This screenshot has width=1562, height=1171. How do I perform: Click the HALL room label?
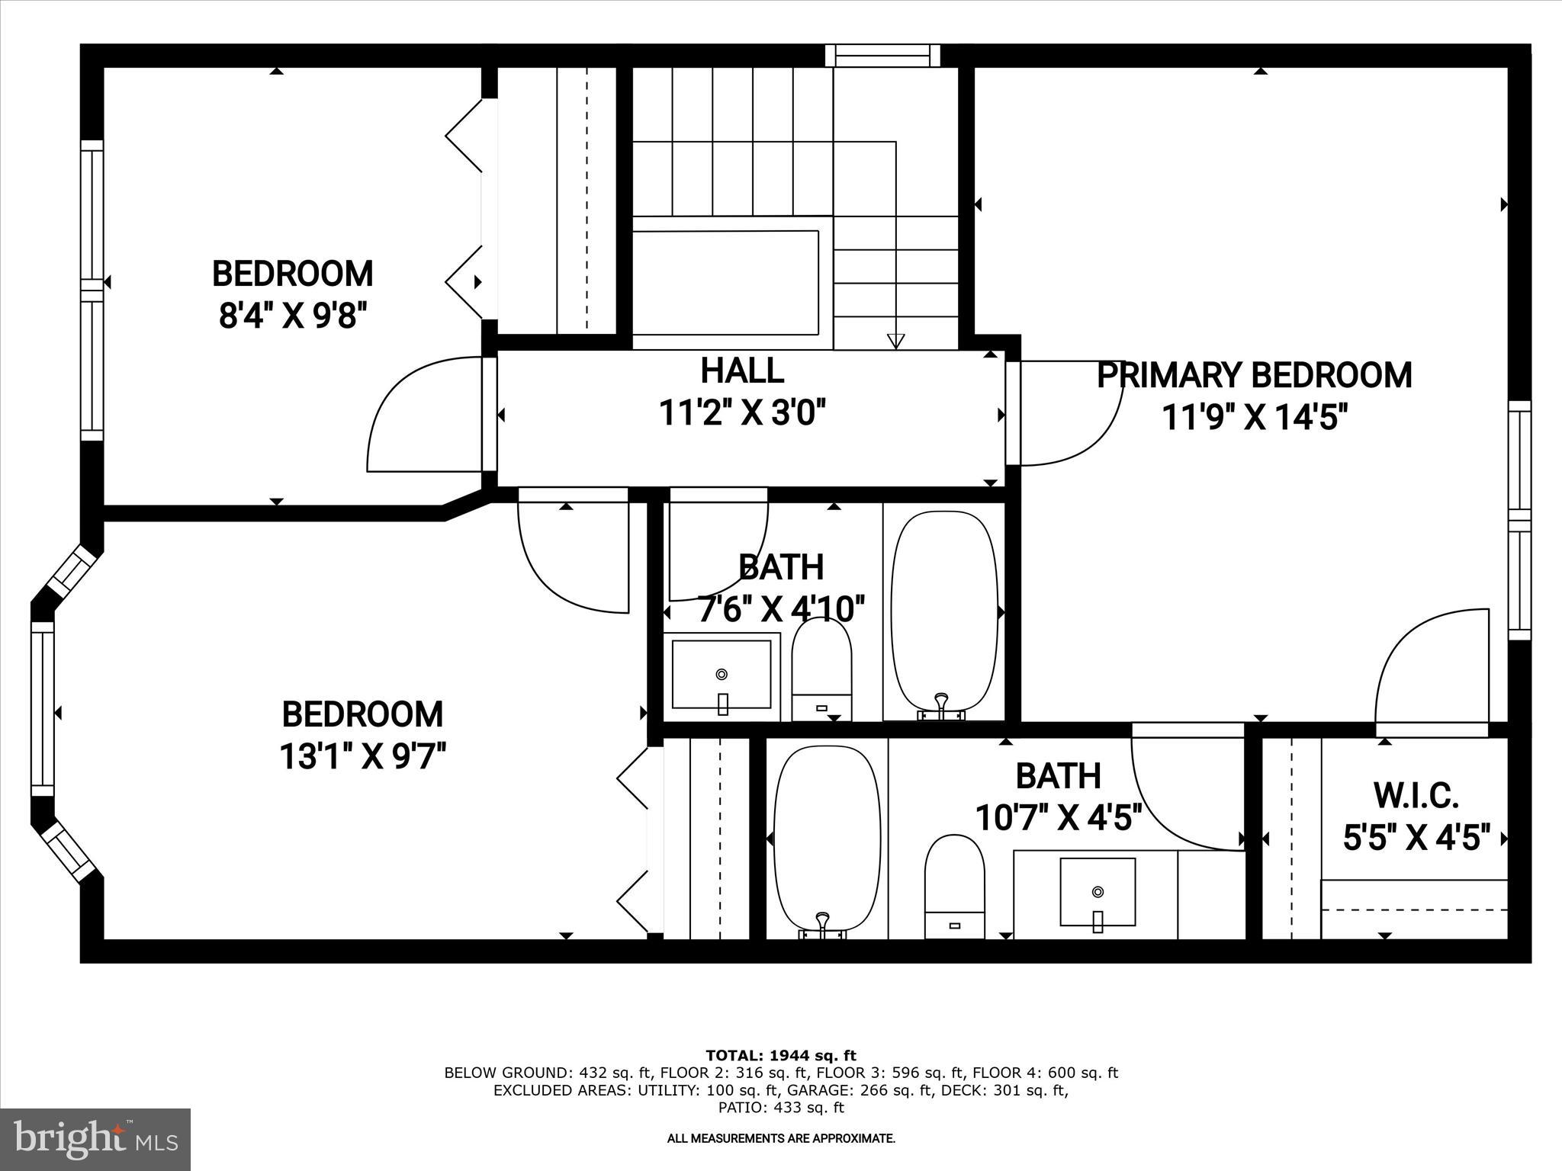tap(742, 371)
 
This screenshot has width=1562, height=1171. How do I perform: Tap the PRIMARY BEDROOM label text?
tap(1254, 376)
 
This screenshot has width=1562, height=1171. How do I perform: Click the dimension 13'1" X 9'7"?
tap(362, 757)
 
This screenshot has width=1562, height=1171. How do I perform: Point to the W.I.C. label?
tap(1416, 796)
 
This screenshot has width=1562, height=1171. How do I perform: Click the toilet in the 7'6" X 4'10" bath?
tap(821, 668)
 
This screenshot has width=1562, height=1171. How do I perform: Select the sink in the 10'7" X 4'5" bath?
tap(1098, 892)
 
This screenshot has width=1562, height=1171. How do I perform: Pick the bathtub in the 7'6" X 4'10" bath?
tap(944, 610)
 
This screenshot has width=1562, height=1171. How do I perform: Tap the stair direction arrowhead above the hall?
tap(896, 341)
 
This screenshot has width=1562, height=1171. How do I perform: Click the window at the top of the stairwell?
tap(883, 56)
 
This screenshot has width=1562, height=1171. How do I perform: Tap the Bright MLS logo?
tap(95, 1139)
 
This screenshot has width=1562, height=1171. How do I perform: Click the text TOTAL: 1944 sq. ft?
tap(781, 1055)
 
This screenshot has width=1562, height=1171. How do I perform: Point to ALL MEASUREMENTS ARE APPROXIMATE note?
tap(781, 1138)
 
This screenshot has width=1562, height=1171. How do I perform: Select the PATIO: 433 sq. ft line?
tap(781, 1107)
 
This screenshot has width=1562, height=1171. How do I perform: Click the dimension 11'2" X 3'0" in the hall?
tap(742, 414)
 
